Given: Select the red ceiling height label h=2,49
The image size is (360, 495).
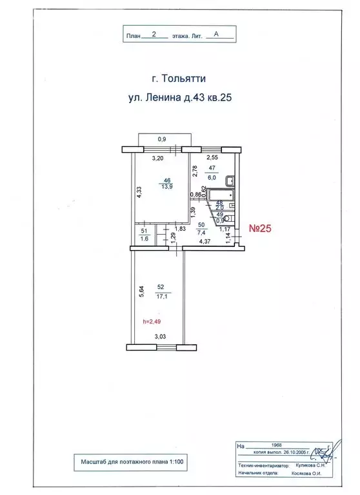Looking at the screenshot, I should [x=152, y=322].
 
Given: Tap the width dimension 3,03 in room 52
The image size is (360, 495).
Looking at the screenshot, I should [x=160, y=335].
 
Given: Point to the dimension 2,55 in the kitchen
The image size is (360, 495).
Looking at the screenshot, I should [x=211, y=158].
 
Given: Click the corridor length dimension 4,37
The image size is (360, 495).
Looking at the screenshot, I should [x=206, y=242].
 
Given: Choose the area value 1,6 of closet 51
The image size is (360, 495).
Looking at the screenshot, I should [x=144, y=238].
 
